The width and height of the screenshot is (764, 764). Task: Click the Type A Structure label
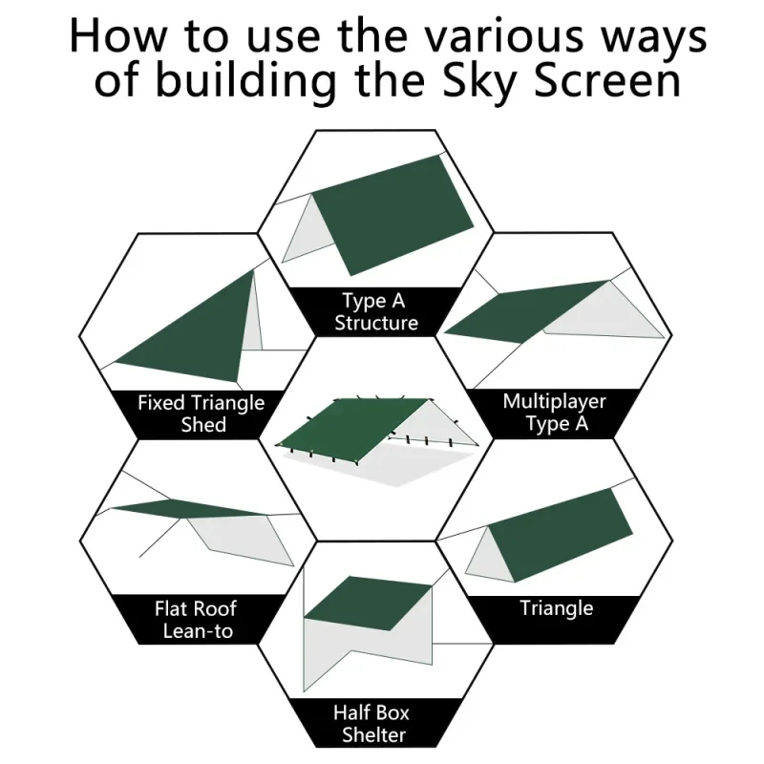point(375,312)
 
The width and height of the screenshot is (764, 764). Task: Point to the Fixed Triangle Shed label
point(201,414)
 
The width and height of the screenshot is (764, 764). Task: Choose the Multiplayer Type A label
point(555,413)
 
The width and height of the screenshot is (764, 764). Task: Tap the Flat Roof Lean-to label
point(197,620)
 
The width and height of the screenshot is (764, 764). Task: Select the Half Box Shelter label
point(371,724)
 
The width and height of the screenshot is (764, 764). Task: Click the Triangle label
point(557,608)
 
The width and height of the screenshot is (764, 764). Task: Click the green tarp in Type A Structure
point(393,214)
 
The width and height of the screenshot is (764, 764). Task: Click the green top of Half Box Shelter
point(369,604)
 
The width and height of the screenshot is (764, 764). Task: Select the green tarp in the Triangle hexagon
point(561,535)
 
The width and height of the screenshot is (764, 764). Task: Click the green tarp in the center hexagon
point(350,429)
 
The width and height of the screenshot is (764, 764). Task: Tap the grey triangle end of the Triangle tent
point(487,557)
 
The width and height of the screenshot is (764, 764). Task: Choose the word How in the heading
point(118,36)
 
